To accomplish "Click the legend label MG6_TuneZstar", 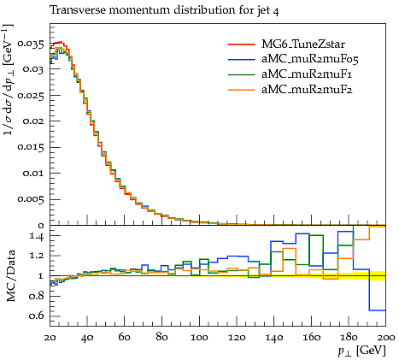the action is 303,44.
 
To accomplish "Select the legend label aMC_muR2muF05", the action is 310,59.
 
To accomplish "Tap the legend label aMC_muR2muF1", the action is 307,74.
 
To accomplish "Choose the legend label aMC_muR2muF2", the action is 307,90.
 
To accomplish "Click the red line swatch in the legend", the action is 242,44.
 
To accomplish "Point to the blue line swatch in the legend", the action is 242,60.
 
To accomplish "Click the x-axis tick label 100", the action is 199,338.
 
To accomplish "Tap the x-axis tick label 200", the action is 386,338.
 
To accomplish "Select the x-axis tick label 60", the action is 125,338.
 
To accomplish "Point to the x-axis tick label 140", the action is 274,338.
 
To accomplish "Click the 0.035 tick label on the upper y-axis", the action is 31,44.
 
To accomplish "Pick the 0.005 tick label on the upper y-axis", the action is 31,199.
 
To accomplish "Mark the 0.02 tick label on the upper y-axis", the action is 33,121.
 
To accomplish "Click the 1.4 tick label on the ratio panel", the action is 37,236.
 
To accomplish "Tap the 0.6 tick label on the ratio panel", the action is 37,316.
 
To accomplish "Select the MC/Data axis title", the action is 10,276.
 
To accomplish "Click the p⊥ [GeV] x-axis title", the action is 361,351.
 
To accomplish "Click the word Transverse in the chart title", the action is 77,10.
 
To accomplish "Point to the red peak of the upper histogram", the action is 60,42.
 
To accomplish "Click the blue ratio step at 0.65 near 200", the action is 378,310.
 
